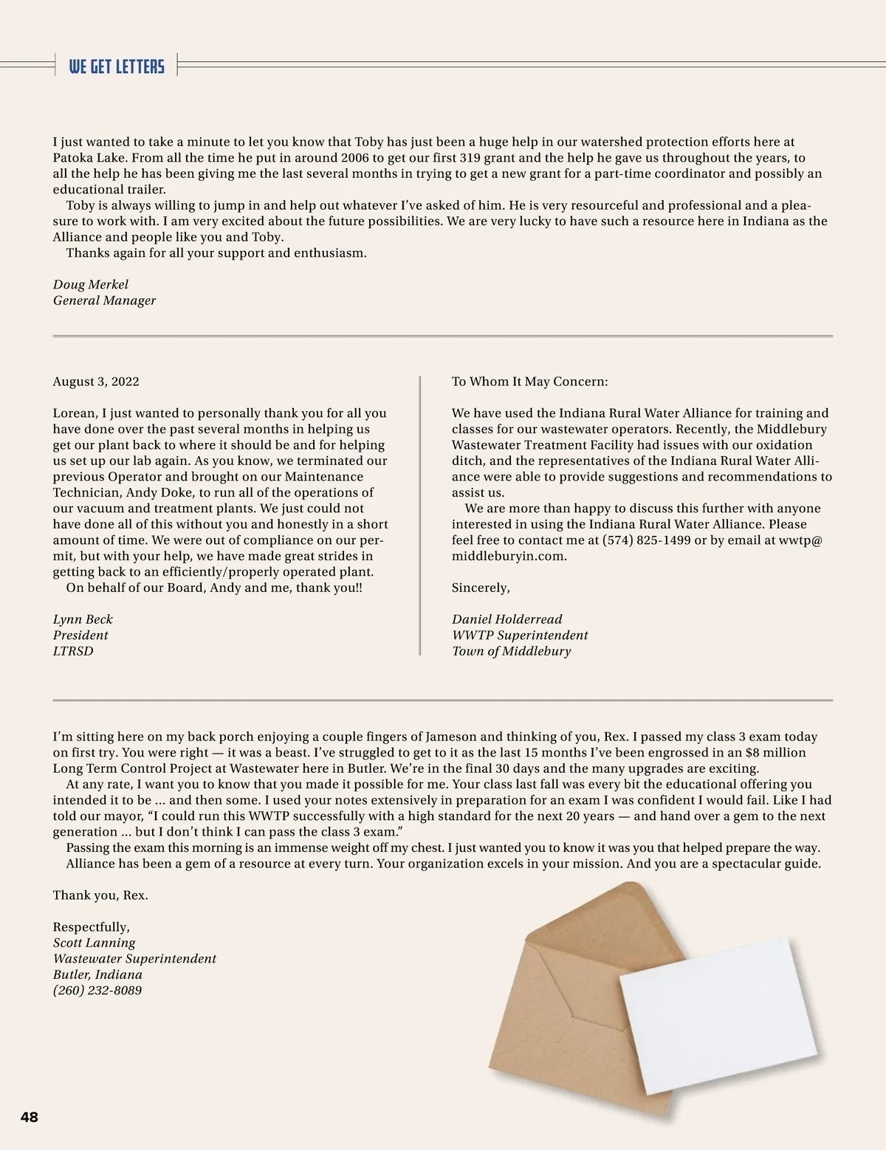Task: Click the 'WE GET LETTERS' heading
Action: click(x=117, y=66)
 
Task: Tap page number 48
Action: click(x=29, y=1117)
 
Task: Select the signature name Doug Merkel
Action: click(x=90, y=284)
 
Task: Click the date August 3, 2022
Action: click(x=96, y=382)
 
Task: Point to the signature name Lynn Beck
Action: click(x=83, y=619)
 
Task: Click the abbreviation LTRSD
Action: click(x=73, y=651)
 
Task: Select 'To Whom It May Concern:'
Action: click(x=529, y=382)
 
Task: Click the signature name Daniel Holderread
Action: click(x=506, y=619)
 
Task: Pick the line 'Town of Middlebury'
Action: click(x=511, y=651)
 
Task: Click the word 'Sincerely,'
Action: click(x=481, y=588)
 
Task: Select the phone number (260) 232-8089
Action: click(x=97, y=991)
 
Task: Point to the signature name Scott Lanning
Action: click(x=94, y=943)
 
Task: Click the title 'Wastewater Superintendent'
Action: click(x=134, y=959)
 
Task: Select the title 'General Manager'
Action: click(x=104, y=300)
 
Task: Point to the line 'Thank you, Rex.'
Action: click(x=100, y=895)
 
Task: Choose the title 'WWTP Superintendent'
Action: click(x=520, y=636)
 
